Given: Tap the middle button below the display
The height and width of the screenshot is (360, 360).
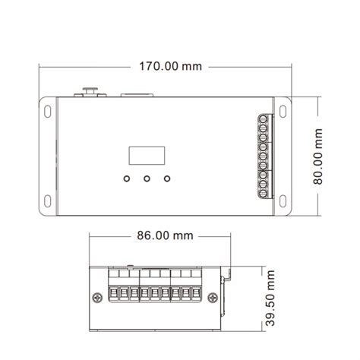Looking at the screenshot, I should [x=143, y=180].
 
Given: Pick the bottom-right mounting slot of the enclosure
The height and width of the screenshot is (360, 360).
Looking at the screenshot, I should [x=289, y=202].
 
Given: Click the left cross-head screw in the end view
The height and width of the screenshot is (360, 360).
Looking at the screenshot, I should [x=97, y=298].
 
